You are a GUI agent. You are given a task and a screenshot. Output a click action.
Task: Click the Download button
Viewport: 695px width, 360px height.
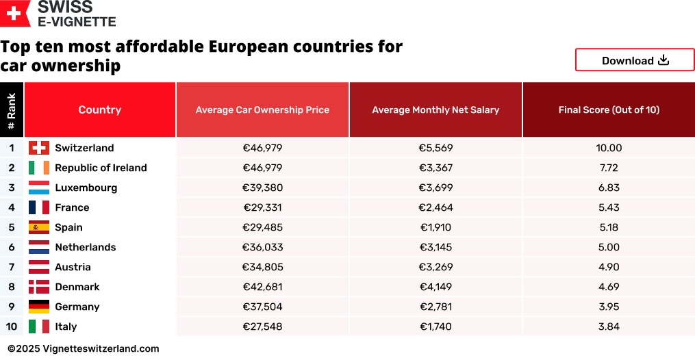pos(635,60)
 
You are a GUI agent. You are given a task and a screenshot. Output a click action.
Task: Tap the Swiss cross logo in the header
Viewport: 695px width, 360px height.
pos(14,13)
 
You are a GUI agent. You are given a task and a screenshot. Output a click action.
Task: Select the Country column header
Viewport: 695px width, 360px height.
pos(100,110)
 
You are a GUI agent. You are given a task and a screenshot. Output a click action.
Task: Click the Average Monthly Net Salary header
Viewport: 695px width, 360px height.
pos(435,110)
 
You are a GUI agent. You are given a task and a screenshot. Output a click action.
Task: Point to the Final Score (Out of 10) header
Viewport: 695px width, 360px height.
pos(609,110)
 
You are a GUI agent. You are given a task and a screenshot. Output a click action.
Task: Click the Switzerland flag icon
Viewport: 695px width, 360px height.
pos(39,148)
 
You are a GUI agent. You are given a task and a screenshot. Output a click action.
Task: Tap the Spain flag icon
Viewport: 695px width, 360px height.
pos(39,227)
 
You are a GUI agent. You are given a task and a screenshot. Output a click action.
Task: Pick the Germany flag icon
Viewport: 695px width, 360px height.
pos(39,307)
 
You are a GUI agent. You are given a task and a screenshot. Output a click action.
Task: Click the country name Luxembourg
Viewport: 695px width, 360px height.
pos(86,188)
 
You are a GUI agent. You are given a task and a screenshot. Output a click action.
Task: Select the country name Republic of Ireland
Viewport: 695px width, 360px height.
pos(101,168)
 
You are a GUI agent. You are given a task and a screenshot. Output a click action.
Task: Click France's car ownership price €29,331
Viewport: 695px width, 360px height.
pos(262,207)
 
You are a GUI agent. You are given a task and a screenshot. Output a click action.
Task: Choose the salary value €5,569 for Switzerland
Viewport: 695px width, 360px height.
pos(435,148)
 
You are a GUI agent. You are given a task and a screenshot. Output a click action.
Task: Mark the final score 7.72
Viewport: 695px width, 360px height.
pos(609,168)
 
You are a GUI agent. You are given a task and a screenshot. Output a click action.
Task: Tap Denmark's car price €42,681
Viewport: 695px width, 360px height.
pos(262,287)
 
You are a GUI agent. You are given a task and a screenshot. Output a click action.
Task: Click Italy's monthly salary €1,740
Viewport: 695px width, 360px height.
pos(435,326)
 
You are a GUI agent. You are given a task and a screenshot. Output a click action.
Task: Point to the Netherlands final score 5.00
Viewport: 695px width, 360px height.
pos(609,247)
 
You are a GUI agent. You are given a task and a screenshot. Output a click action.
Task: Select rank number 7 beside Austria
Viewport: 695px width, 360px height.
pos(12,267)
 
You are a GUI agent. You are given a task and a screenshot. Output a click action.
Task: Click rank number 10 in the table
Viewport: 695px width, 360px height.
pos(12,326)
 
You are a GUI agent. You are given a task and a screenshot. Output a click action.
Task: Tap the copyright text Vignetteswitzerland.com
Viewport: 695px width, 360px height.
pos(100,348)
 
